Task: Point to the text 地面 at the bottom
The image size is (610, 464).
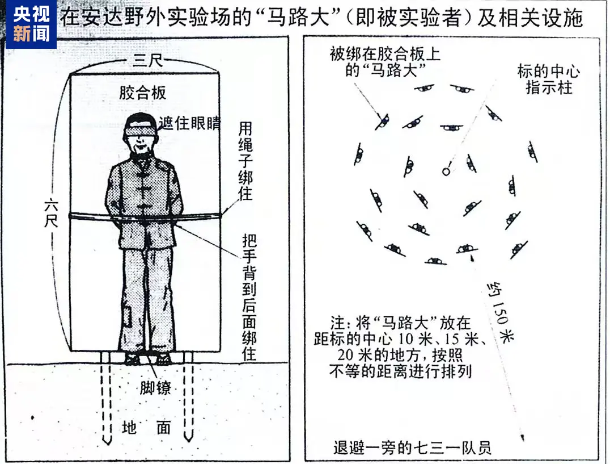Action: click(146, 428)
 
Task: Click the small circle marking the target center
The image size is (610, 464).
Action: click(446, 169)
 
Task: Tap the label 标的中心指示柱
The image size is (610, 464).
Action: click(548, 80)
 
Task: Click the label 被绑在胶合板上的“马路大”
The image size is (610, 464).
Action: click(384, 62)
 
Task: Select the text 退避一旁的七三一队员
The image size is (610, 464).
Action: click(412, 448)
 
